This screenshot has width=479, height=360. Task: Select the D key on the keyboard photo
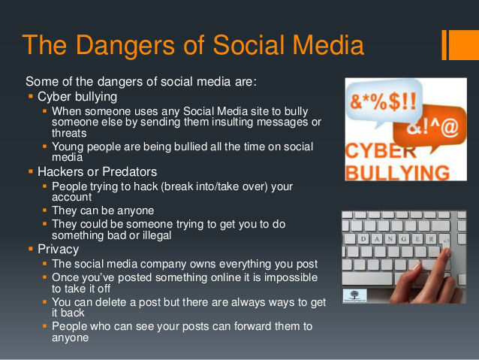365,239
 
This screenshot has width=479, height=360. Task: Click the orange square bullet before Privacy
31,248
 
